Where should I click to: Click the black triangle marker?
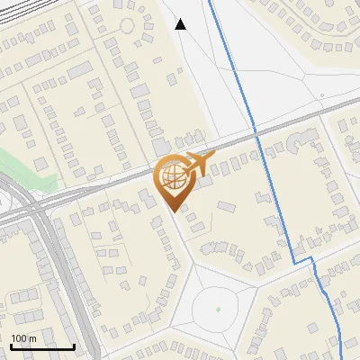181,24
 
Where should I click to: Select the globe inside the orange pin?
172,176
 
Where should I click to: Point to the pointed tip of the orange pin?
173,211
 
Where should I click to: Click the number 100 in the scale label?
20,338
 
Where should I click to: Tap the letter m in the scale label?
32,338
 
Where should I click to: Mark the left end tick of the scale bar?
10,346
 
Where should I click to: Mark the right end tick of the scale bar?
74,346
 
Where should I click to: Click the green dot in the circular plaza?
218,310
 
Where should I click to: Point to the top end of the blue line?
210,2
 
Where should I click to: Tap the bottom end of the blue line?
343,358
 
